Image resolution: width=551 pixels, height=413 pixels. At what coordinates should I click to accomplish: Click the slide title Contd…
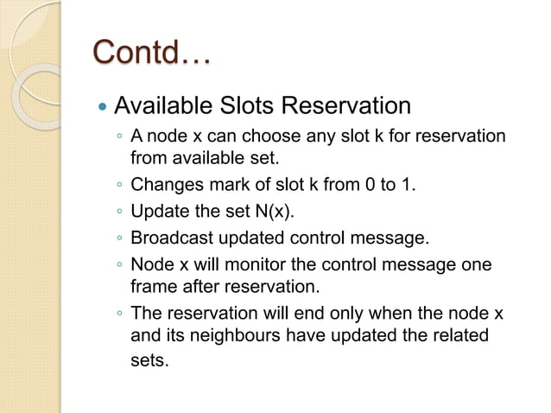[152, 54]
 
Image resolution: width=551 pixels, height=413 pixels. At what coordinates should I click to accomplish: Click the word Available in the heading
[158, 107]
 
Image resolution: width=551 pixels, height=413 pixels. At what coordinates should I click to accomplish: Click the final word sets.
[149, 359]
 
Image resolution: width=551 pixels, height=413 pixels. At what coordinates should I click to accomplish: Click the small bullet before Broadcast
[119, 237]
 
